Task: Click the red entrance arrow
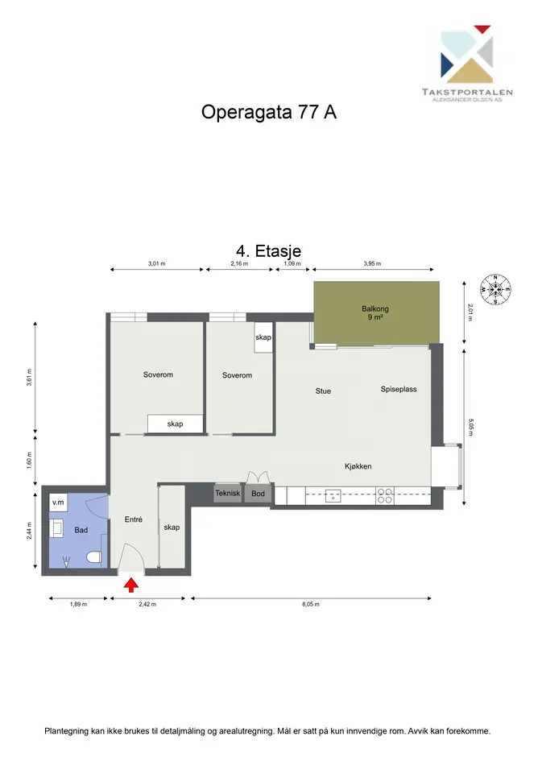pos(131,585)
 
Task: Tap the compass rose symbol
pos(496,289)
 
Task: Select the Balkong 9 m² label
pos(375,312)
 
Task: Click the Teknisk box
pos(228,493)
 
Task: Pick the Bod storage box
pos(258,494)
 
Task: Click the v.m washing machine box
pos(58,503)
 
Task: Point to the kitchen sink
pos(333,495)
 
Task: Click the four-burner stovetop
pos(385,495)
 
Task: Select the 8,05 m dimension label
pos(311,604)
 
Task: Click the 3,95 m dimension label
pos(372,263)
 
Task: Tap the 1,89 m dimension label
pos(78,604)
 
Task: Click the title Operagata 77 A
pos(268,112)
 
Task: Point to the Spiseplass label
pos(399,389)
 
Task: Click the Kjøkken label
pos(358,466)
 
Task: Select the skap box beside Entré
pos(172,527)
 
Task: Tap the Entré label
pos(134,519)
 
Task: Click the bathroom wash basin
pos(56,528)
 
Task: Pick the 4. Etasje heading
pos(268,251)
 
